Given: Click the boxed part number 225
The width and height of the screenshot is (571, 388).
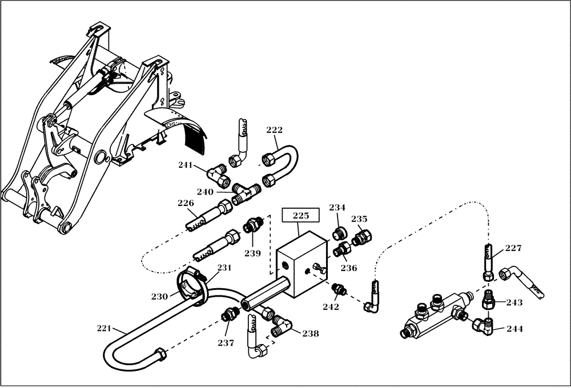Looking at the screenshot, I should click(301, 216).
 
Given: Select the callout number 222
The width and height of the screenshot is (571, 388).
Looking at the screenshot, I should click(275, 130).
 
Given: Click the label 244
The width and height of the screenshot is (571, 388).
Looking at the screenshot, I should click(514, 329).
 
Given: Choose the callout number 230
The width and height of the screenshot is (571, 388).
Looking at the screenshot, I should click(160, 296).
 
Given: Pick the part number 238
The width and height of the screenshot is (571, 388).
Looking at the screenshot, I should click(311, 333).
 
